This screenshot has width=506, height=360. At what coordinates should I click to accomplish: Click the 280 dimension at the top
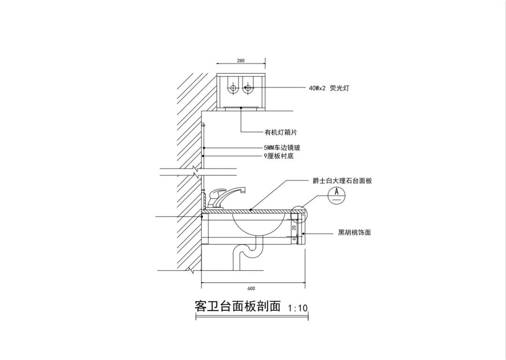[x=240, y=61]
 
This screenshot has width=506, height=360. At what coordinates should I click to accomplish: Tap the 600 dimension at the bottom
[x=251, y=289]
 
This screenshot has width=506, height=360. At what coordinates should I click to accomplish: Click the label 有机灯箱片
[x=281, y=133]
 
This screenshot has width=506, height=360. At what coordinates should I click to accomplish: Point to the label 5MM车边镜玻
[x=282, y=148]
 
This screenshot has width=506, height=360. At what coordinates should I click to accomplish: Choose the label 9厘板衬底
[x=279, y=156]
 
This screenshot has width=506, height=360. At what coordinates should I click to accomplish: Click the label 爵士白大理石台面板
[x=342, y=181]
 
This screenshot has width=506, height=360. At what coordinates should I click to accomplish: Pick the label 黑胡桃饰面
[x=354, y=232]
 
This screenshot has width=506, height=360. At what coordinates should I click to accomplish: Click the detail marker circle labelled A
[x=336, y=195]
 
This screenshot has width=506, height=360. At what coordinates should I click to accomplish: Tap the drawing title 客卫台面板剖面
[x=237, y=307]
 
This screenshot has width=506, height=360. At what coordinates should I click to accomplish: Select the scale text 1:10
[x=298, y=308]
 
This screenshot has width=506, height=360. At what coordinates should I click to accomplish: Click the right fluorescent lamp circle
[x=248, y=88]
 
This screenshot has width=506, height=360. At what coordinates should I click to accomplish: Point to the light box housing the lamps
[x=241, y=90]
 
